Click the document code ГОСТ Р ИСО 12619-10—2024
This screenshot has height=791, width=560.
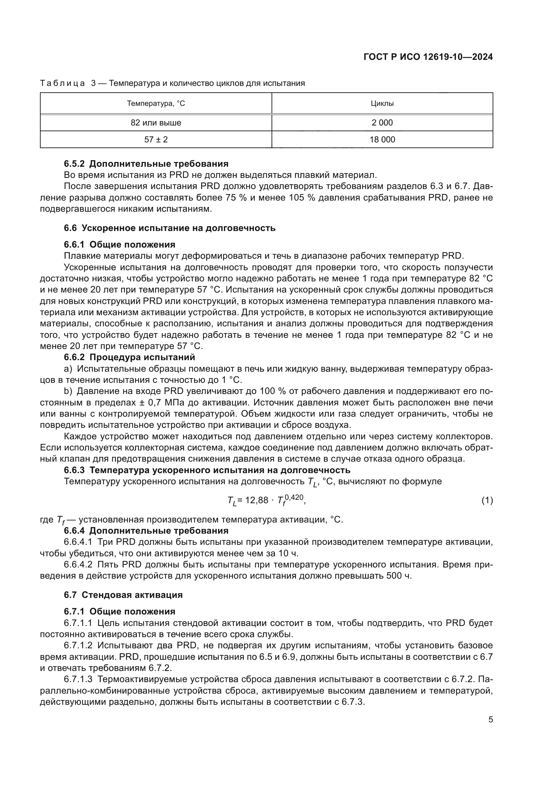[x=428, y=57]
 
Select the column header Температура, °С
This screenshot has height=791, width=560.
[x=156, y=103]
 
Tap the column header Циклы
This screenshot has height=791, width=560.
[x=382, y=103]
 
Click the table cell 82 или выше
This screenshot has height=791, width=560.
[x=156, y=123]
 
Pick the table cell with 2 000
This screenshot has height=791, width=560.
[x=382, y=123]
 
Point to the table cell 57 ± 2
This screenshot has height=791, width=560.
[x=156, y=140]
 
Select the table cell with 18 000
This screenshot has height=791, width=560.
[x=382, y=140]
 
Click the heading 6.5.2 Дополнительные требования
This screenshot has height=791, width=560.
[x=146, y=164]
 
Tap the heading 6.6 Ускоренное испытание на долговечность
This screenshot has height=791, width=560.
[x=170, y=228]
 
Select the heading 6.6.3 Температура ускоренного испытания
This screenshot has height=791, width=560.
[x=207, y=470]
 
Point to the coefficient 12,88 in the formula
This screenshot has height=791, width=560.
[x=257, y=500]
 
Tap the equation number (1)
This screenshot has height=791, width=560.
[x=487, y=501]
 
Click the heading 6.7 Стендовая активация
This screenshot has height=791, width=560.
[x=124, y=595]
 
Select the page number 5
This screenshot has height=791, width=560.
[x=490, y=720]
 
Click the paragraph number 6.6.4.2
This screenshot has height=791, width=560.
[x=78, y=565]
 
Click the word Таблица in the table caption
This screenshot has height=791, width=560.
[x=62, y=84]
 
